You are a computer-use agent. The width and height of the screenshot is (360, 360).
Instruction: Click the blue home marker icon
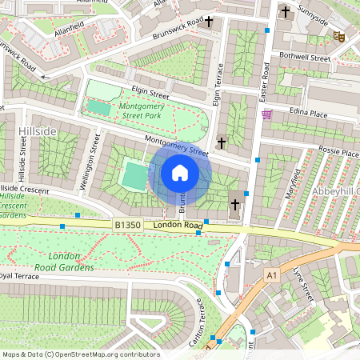(180, 172)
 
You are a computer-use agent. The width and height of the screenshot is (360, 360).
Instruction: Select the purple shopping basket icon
(266, 114)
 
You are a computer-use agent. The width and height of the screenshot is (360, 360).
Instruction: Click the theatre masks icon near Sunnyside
(339, 36)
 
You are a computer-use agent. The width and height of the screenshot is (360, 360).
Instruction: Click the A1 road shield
(271, 276)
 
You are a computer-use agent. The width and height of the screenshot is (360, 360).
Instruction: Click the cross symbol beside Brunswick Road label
(209, 22)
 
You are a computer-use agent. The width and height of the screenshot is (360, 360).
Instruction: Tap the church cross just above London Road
(235, 205)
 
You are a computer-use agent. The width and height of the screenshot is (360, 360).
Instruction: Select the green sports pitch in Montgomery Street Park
(99, 107)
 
